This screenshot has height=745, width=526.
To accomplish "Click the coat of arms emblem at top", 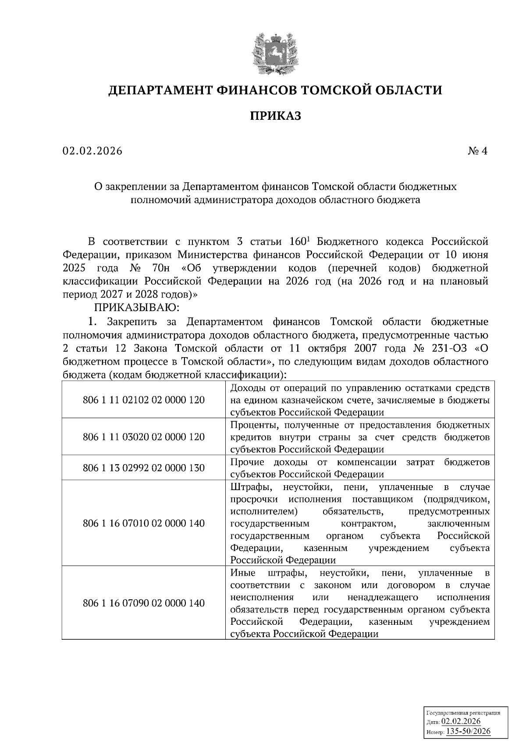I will coord(275,54).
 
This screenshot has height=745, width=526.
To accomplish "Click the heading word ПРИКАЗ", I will coord(275,116).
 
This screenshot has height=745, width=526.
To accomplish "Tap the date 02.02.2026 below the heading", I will coord(92,151).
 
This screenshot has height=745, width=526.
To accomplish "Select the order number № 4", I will coord(477,151).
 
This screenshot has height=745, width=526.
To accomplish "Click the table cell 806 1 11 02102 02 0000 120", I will coord(144,400).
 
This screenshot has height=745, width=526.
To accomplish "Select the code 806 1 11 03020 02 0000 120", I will coord(144,437).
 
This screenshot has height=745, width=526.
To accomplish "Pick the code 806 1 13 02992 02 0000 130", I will coord(144,468).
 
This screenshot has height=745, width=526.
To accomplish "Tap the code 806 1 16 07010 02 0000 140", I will coord(144,523).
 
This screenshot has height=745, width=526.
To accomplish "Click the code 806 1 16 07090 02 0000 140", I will coord(144,603).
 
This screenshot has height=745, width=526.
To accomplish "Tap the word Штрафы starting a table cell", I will coord(248,487).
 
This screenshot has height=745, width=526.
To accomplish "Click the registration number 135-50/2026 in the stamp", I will coord(468,731).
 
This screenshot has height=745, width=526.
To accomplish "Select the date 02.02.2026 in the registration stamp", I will coord(461,722).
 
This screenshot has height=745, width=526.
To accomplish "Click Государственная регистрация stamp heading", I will coord(463,713).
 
